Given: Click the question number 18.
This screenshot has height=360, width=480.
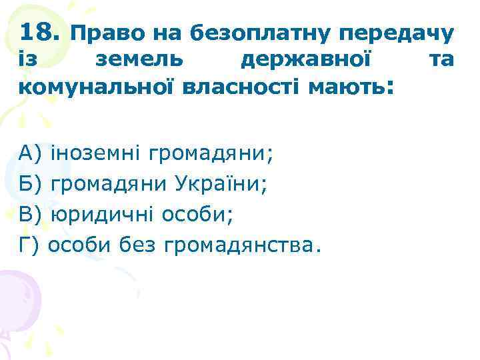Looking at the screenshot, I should point(41,31).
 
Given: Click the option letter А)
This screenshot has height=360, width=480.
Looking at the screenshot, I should point(31,155).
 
